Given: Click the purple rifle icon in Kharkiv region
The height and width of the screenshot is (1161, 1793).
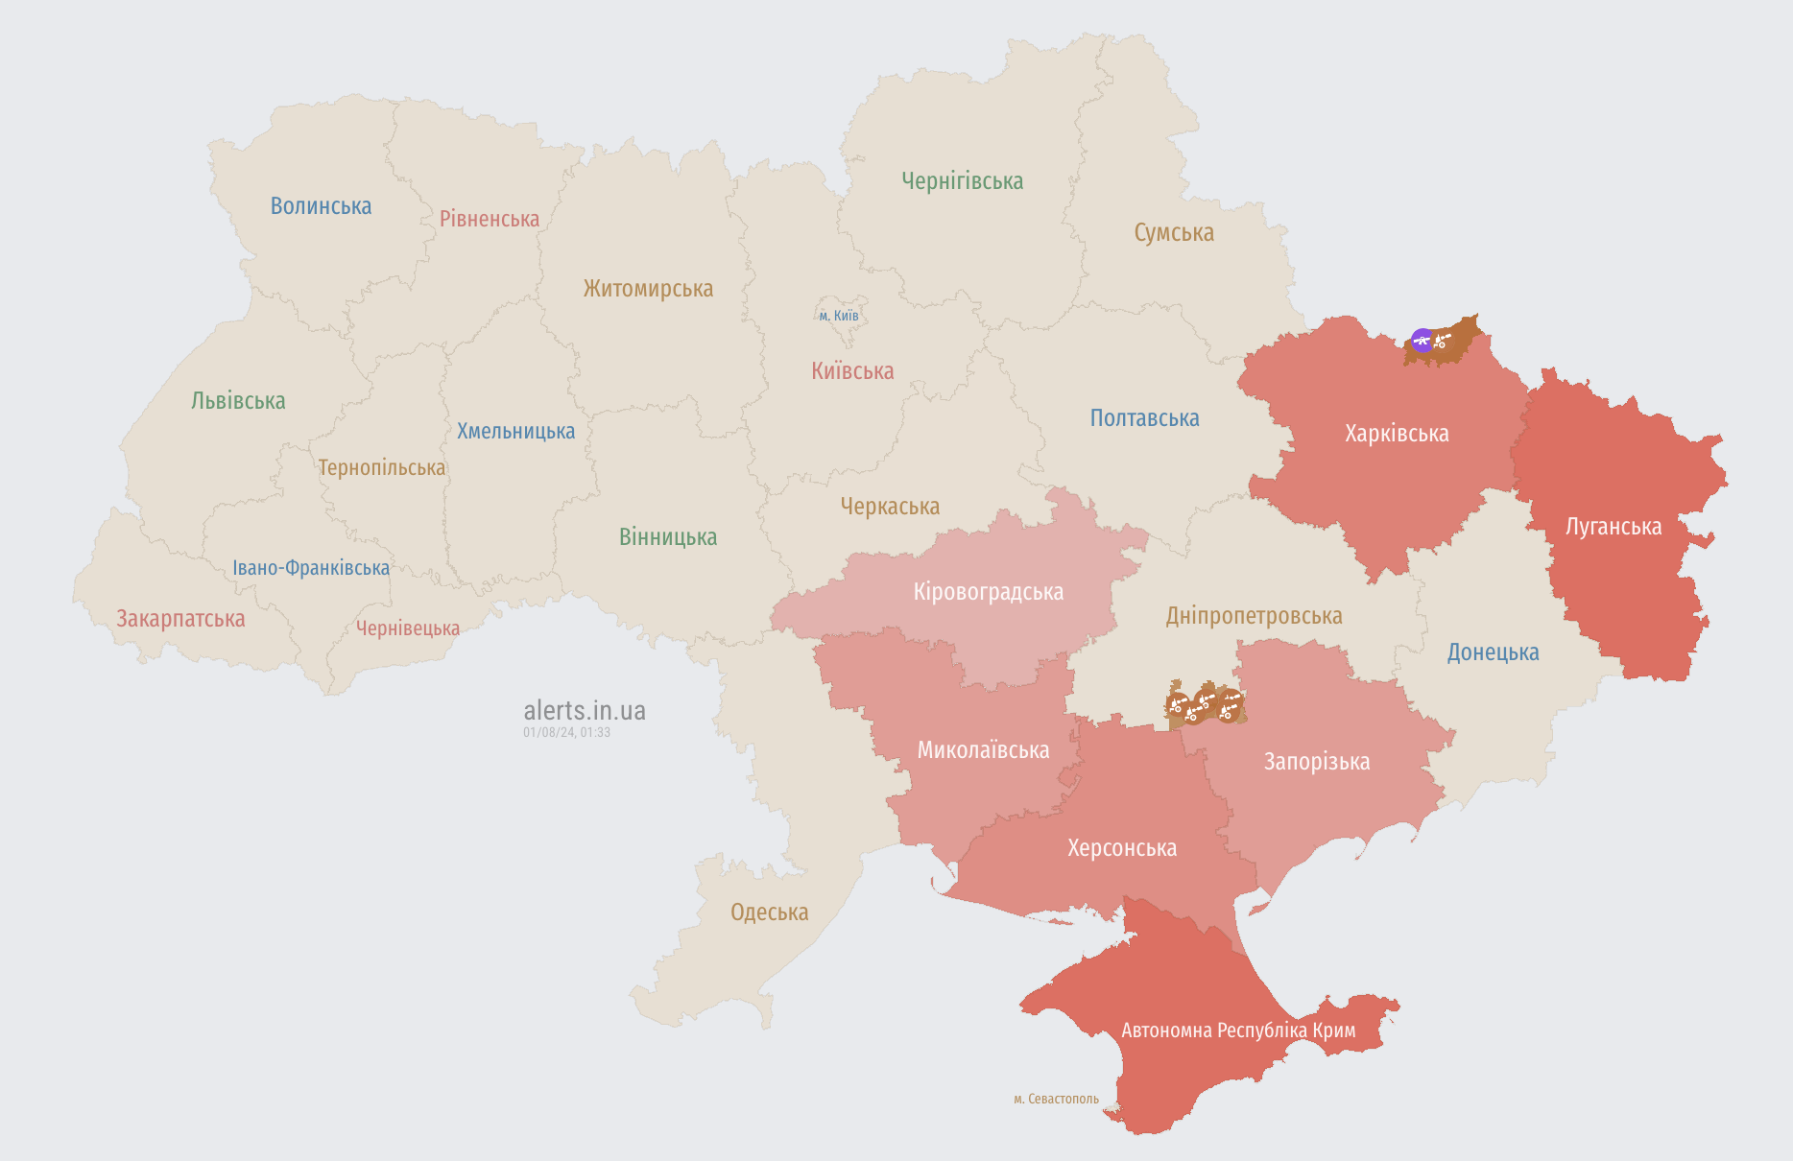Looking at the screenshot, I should pos(1422,340).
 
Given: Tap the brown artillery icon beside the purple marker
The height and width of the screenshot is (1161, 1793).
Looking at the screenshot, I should pos(1442,340).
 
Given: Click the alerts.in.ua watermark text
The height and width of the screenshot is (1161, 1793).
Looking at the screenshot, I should pos(585,711).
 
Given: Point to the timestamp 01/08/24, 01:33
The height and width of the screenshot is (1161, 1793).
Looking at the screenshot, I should pos(566,732).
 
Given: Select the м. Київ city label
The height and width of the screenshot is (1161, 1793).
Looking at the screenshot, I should pos(839,316).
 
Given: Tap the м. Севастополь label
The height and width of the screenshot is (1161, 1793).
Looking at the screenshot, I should pos(1056,1099).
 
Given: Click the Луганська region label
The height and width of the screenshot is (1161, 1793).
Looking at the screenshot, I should pos(1614,527).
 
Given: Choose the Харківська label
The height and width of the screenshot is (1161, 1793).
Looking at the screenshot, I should pos(1397,434).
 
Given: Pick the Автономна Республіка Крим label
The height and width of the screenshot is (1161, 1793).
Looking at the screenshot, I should pos(1238,1031).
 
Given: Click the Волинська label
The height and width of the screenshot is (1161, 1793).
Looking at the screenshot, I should pos(321,206).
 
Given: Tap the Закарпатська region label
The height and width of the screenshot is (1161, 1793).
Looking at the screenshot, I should pos(180,619).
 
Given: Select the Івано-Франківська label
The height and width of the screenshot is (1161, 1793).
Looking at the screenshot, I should pos(311,568).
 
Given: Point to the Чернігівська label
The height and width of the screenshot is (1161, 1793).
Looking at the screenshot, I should pos(962,181).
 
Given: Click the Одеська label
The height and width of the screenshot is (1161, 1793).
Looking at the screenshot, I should pos(769,912).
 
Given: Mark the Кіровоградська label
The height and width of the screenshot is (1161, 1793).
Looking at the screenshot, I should pos(988,592).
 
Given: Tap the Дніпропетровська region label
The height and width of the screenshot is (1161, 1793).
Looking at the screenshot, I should pos(1254,616).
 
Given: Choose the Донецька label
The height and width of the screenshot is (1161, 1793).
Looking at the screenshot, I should pos(1493,652).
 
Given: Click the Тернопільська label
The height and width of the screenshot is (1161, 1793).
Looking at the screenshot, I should pos(382,468).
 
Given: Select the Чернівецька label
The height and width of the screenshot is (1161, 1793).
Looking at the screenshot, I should pos(408,628).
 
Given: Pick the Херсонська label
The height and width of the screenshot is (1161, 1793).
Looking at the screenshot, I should pos(1122,848).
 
